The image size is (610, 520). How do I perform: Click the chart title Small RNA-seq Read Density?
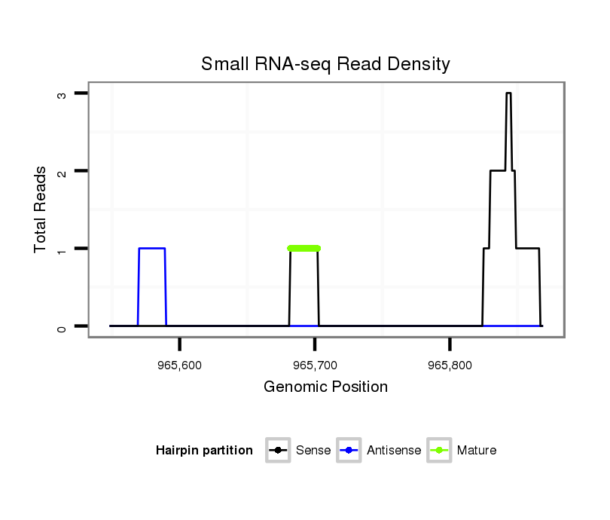325,64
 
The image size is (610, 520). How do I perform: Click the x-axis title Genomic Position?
325,387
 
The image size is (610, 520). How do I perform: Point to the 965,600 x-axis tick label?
180,365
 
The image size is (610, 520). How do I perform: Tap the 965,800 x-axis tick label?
450,365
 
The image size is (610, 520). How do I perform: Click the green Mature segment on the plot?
303,248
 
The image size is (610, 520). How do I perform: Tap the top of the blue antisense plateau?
151,248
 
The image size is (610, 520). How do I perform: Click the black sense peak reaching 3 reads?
508,93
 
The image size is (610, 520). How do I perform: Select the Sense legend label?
313,451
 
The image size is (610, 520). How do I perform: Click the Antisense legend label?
394,451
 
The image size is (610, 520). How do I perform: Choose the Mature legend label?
477,451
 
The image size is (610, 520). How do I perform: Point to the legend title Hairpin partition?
204,451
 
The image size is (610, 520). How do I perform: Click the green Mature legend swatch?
439,451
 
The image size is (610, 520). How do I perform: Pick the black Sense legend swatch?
279,451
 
